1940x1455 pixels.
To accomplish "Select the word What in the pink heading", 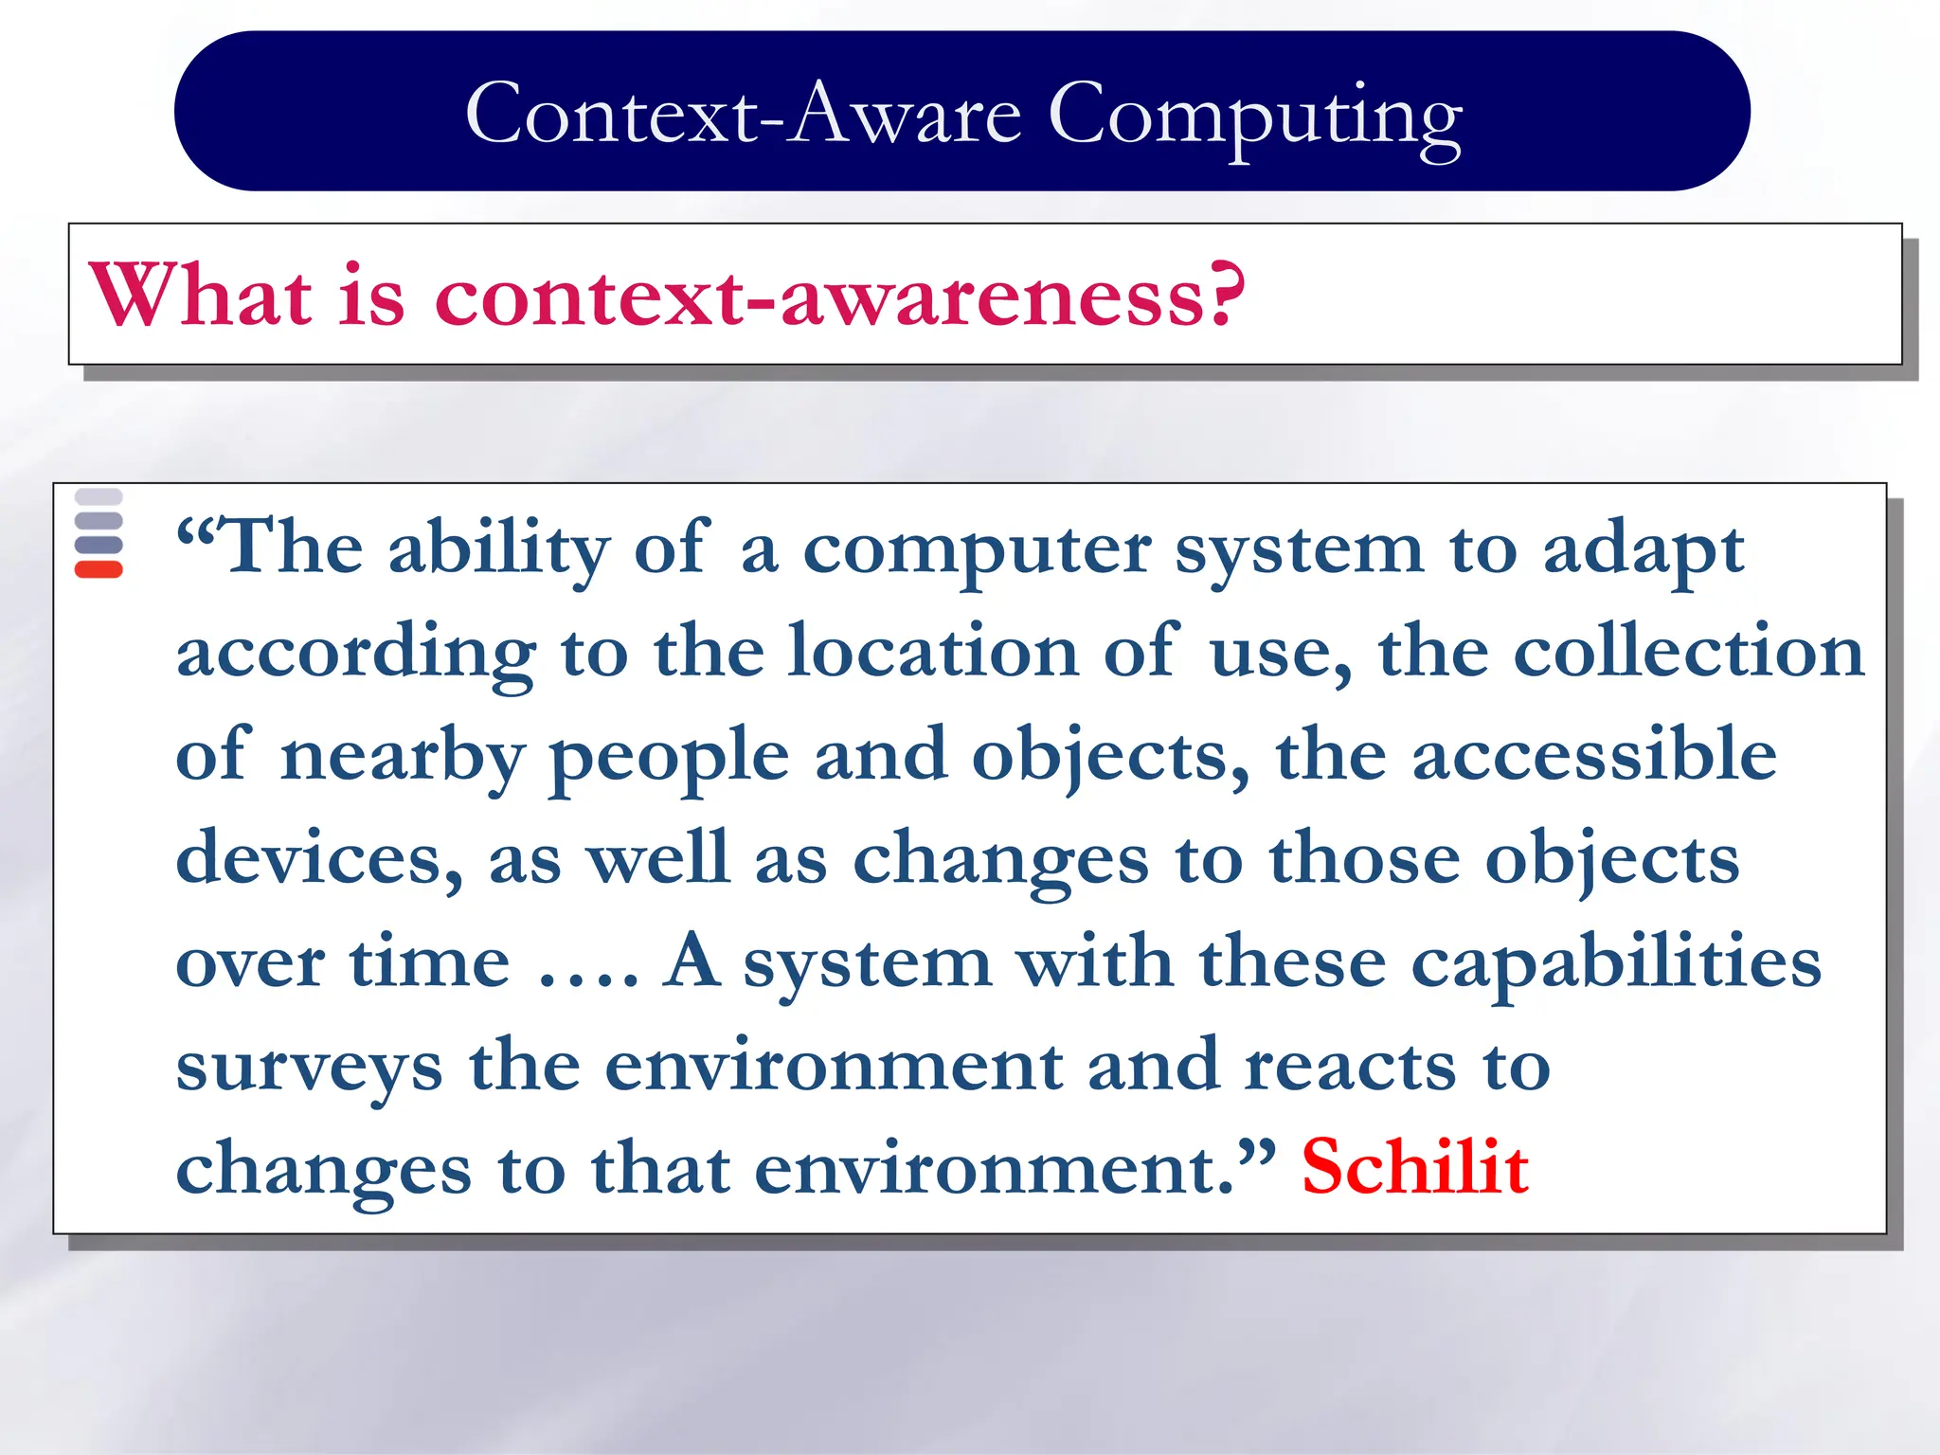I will pyautogui.click(x=200, y=296).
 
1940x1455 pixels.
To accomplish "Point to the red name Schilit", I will pyautogui.click(x=1414, y=1167).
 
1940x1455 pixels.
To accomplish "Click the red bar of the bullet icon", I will pyautogui.click(x=99, y=569).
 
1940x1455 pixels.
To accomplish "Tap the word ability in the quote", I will pyautogui.click(x=499, y=549).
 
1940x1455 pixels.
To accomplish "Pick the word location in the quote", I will pyautogui.click(x=933, y=652).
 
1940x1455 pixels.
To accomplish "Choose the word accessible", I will pyautogui.click(x=1593, y=755).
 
